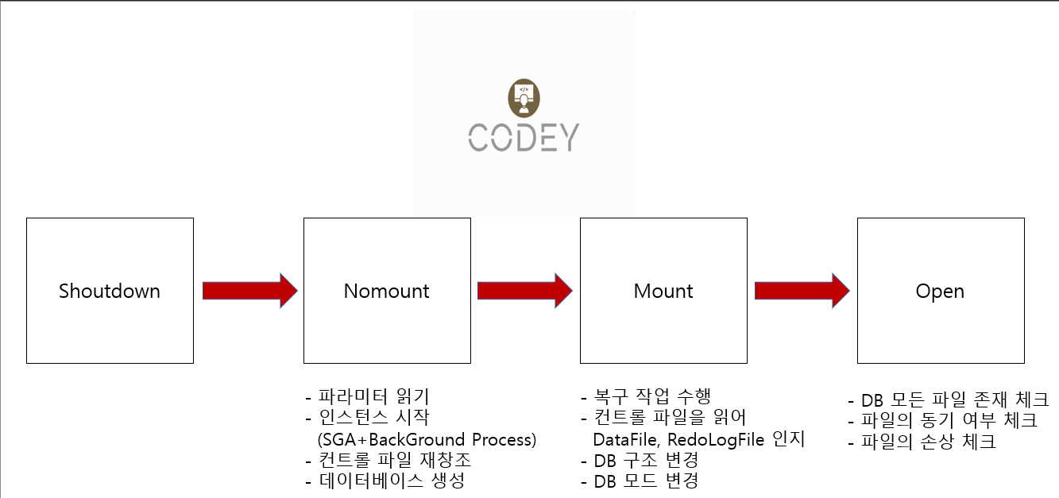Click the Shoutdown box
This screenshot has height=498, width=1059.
click(110, 291)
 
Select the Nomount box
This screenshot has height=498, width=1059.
click(387, 291)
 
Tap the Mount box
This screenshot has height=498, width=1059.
click(663, 291)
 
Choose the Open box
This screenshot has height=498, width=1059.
click(940, 291)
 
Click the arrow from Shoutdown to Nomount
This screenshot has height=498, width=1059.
click(249, 291)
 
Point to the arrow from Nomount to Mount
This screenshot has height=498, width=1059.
click(524, 291)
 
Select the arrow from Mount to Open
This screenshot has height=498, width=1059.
click(802, 291)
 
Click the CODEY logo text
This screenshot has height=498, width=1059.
click(524, 137)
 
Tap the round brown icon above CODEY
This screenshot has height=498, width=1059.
click(524, 96)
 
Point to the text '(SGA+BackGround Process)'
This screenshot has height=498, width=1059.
click(427, 439)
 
